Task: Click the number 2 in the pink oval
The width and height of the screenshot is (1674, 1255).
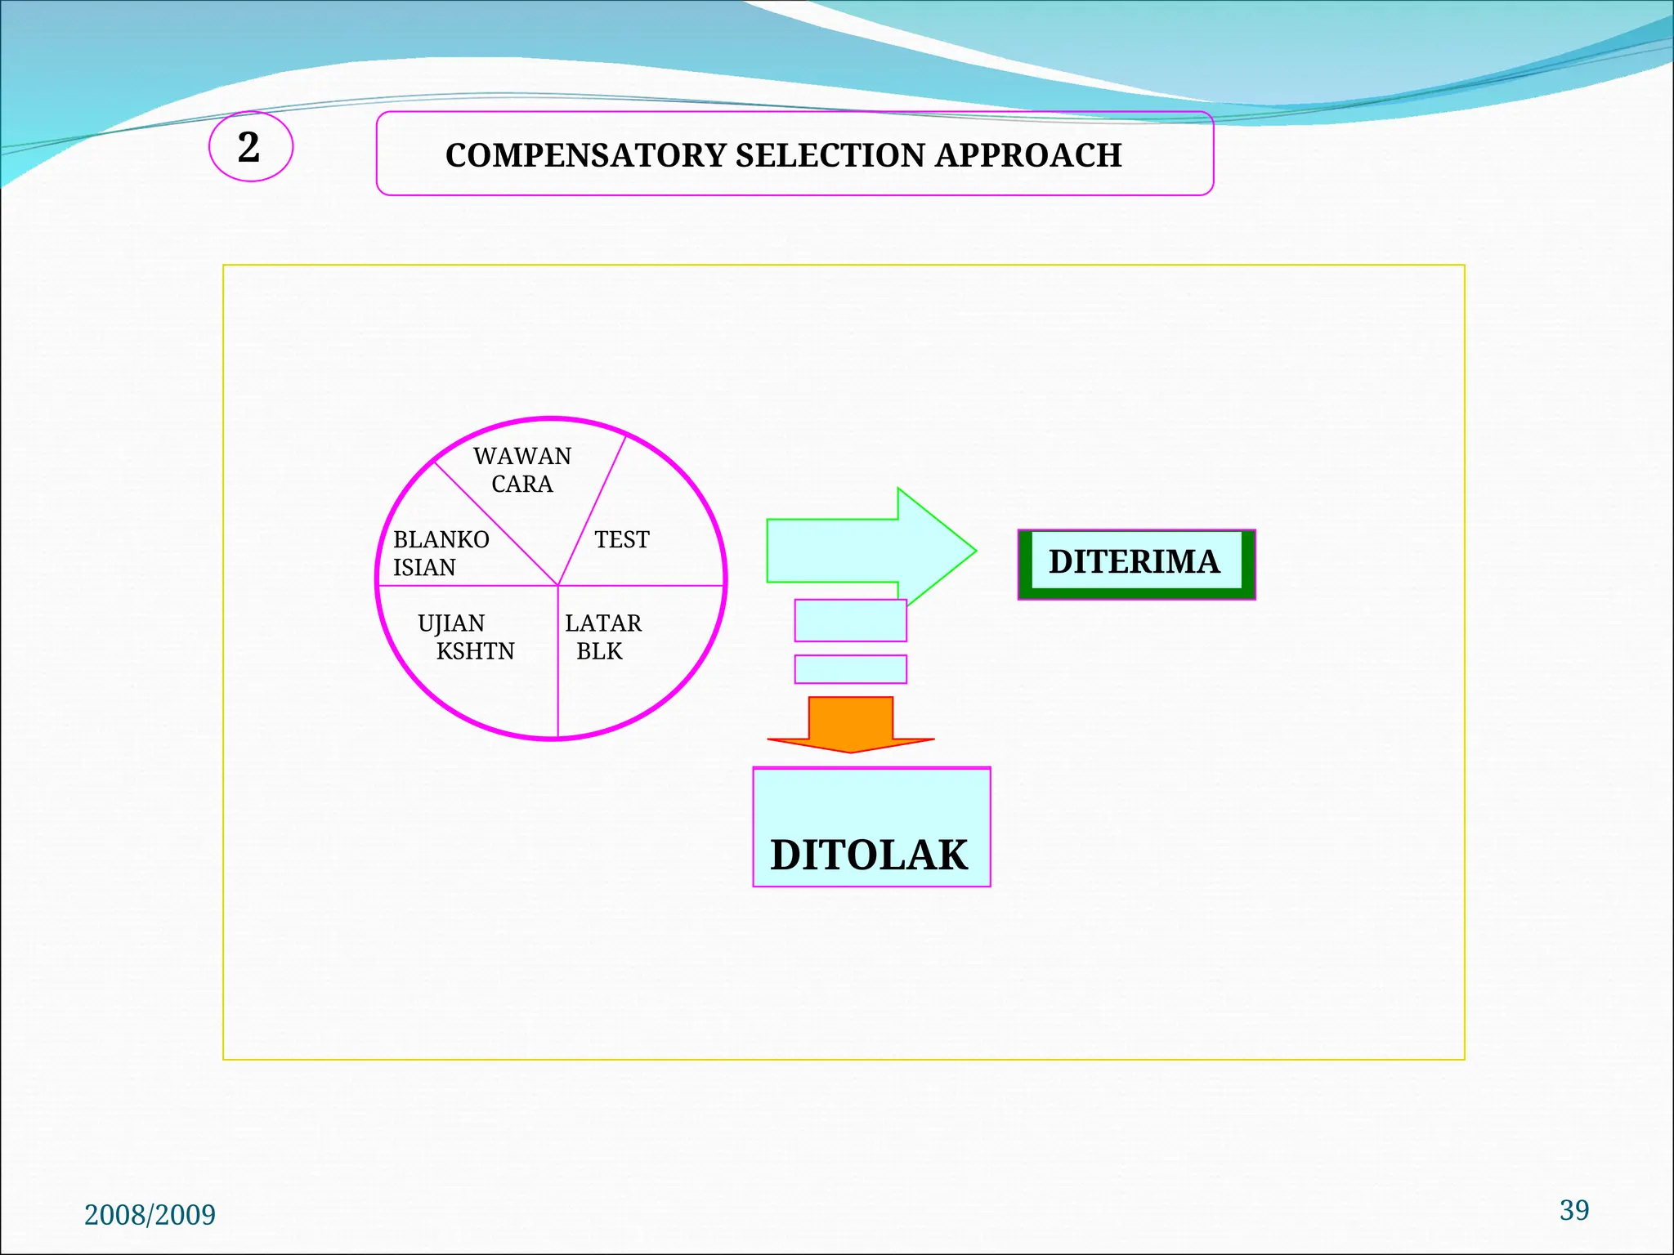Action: (249, 148)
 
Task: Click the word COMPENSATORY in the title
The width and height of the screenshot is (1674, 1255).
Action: (586, 155)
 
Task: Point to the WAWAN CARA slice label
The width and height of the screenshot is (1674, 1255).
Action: (522, 470)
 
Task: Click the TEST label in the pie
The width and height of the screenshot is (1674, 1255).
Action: (621, 540)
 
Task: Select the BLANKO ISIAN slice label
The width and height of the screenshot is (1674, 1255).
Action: (441, 553)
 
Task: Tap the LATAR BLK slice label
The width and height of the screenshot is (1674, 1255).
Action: (602, 637)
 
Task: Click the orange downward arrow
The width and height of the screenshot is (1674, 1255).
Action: (851, 724)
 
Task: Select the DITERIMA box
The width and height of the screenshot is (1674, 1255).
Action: (1135, 564)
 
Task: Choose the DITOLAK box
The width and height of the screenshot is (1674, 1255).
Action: (871, 827)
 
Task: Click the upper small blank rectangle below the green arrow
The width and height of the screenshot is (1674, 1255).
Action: (850, 621)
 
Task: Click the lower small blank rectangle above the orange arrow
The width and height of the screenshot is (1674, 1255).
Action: (850, 669)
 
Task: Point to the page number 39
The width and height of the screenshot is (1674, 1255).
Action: (1573, 1210)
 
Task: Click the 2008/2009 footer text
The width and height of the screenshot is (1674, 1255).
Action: (150, 1215)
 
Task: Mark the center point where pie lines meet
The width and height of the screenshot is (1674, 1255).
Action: (557, 585)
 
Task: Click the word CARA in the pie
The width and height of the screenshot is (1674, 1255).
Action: (522, 484)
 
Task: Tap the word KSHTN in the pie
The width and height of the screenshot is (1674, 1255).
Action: (475, 651)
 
